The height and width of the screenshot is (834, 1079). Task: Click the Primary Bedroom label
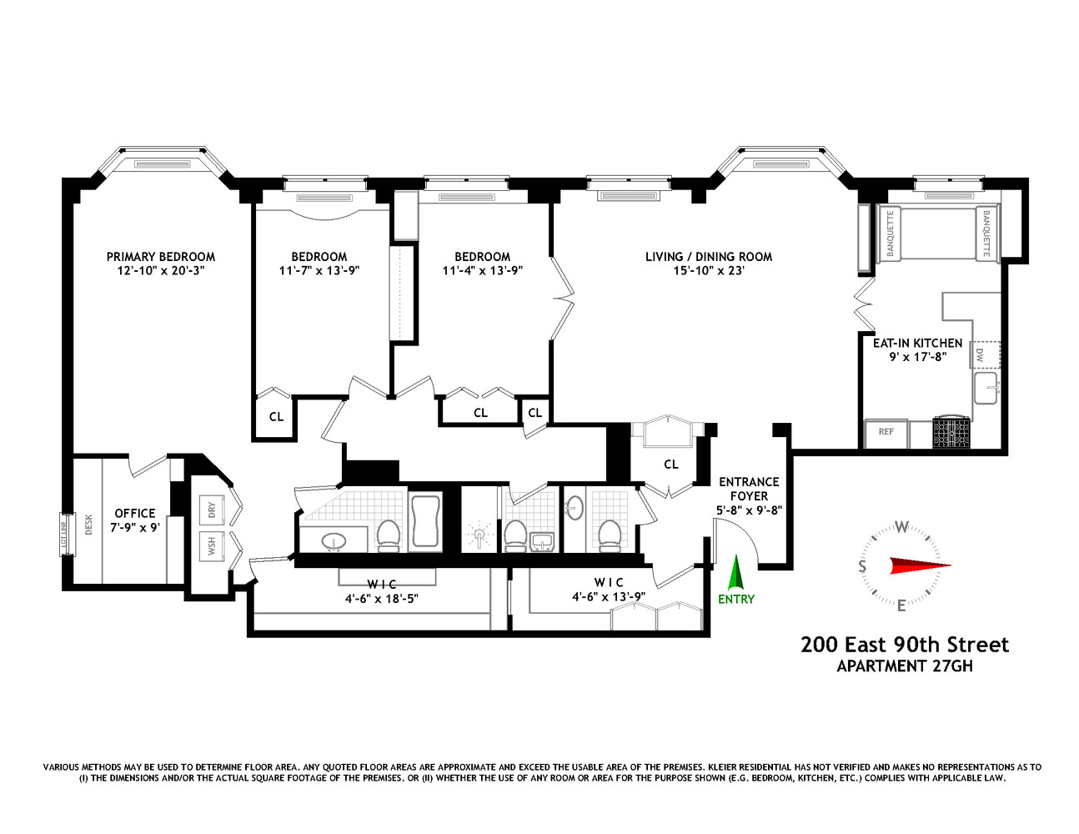coord(160,257)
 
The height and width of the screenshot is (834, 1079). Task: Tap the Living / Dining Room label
coord(708,257)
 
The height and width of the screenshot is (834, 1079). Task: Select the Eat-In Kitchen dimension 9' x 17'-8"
coord(917,357)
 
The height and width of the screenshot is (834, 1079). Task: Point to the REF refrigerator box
coord(886,432)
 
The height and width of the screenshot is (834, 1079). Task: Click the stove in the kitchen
coord(951,432)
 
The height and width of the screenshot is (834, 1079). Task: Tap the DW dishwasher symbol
coord(981,354)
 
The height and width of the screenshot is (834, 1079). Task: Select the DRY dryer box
coord(212,508)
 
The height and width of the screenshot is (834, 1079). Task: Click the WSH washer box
coord(212,545)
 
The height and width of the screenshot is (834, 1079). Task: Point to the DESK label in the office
coord(88,524)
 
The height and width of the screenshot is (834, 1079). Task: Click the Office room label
coord(135,514)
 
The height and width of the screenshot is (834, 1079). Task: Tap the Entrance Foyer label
coord(749,489)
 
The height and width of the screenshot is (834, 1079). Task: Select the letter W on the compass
coord(901,527)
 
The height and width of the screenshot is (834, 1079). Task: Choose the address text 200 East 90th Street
coord(904,645)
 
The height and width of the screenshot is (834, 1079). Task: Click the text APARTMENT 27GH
coord(904,666)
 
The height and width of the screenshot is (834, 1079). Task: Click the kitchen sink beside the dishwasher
coord(987,388)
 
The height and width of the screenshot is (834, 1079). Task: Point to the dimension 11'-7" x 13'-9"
coord(319,271)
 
